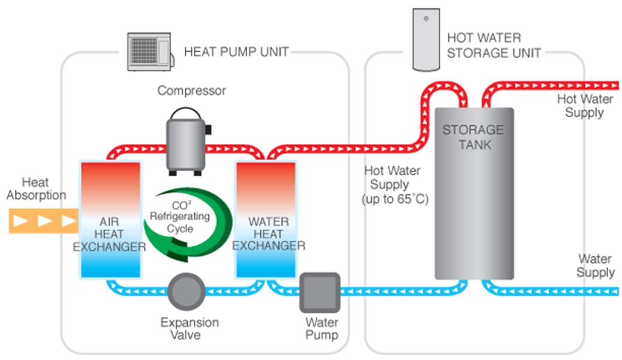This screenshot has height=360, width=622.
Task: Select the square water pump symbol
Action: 320,292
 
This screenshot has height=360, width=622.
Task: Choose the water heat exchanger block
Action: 265,220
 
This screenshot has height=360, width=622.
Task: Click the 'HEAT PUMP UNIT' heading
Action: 236,52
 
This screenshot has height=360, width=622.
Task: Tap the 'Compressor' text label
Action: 191,91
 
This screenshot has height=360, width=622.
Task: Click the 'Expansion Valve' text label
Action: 189,329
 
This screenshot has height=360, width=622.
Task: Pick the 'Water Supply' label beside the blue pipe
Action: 595,266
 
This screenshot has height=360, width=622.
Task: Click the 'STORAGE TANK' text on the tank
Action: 473,137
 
